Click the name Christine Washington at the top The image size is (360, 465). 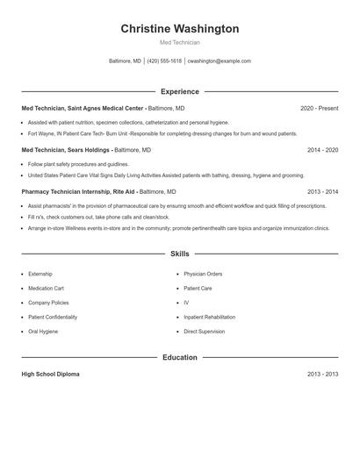179,29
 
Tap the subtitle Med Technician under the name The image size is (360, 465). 179,42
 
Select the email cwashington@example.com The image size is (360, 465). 220,61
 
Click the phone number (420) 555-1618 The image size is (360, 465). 164,61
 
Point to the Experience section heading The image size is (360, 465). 179,91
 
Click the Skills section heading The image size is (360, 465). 179,254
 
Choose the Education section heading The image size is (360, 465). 179,357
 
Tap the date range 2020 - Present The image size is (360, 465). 319,108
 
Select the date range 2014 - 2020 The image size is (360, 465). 322,150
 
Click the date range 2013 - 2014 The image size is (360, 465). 322,191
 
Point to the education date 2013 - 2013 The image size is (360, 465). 322,374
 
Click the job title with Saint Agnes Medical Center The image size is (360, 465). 103,108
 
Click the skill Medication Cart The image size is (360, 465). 46,288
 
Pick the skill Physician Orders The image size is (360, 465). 203,274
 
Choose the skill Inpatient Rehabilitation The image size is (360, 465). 209,317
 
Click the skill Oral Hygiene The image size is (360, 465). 43,332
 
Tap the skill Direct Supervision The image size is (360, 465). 204,332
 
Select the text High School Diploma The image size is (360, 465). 50,374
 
